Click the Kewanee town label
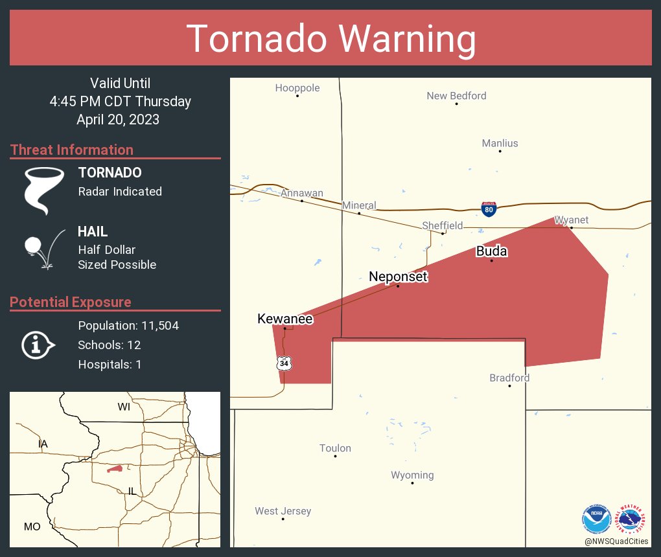coord(285,319)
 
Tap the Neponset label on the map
coord(399,277)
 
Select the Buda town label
coord(491,251)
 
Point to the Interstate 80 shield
coord(489,209)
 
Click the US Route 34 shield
coord(284,363)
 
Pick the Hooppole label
coord(297,88)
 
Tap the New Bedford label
coord(456,96)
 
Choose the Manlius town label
coord(500,143)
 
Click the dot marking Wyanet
coord(571,227)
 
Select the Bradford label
coord(509,378)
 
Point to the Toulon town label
coord(335,448)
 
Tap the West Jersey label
coord(283,511)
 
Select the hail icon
coord(43,247)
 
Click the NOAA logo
coord(596,519)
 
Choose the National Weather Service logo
coord(632,519)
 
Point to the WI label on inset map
coord(124,407)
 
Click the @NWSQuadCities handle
coord(616,541)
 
